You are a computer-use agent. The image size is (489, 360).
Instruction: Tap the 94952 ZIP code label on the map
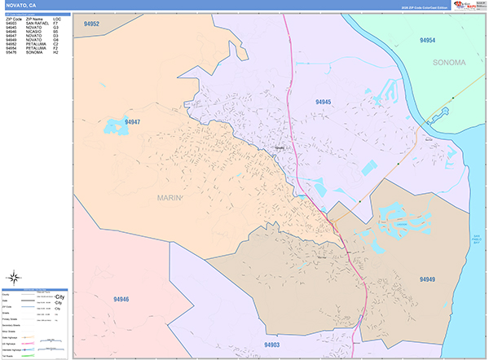click(x=91, y=24)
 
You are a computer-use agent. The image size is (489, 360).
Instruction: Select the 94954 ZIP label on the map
click(x=427, y=40)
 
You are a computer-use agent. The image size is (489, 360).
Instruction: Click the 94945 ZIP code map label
click(x=324, y=101)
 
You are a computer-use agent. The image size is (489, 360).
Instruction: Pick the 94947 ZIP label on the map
click(x=133, y=122)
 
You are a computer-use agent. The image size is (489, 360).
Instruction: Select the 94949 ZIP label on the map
click(x=428, y=279)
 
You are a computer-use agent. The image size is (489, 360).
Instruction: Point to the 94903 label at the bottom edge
click(x=272, y=345)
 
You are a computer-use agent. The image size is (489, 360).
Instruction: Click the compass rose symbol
click(x=14, y=276)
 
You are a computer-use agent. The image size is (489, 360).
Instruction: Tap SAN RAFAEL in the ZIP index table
click(x=37, y=23)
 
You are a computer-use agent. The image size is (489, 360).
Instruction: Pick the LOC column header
click(x=56, y=19)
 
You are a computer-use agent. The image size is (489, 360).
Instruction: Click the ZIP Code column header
click(x=14, y=19)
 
